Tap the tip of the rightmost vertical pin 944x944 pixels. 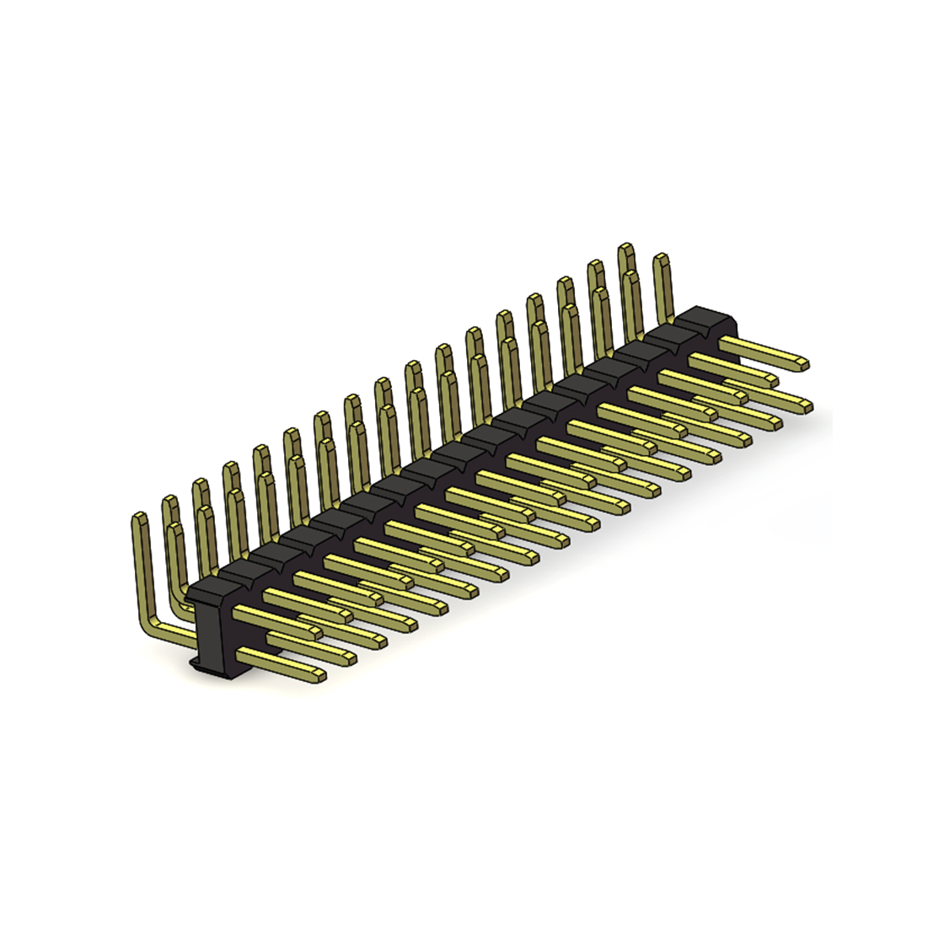(661, 258)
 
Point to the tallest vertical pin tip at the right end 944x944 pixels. (626, 249)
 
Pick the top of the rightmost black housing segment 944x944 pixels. (708, 318)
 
